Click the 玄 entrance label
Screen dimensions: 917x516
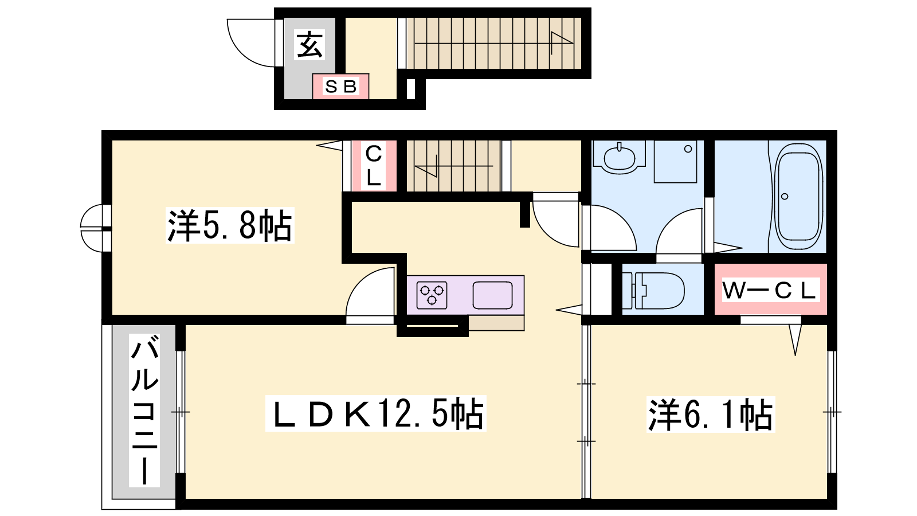pos(310,45)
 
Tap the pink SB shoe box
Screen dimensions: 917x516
pos(340,87)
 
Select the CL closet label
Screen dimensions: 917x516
pos(373,166)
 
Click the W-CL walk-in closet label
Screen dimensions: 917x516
pos(770,290)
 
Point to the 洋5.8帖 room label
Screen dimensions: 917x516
pos(230,225)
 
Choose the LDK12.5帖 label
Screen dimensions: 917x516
pos(376,413)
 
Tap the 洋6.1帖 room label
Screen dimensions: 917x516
pos(711,415)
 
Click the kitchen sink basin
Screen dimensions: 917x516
pos(492,295)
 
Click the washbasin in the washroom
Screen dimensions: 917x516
pos(620,157)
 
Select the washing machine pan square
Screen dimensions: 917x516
pos(675,161)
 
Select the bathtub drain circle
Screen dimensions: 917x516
pos(785,197)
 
